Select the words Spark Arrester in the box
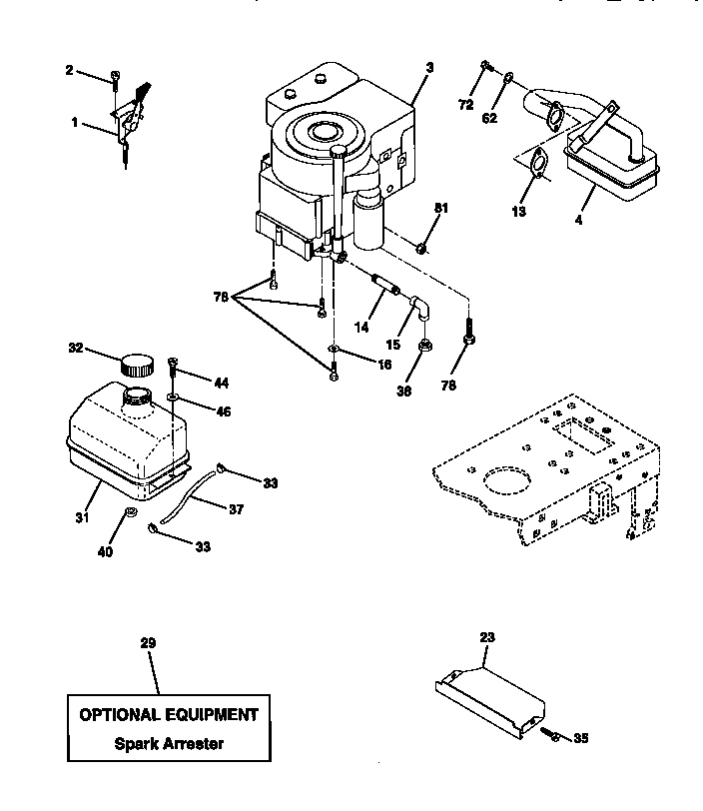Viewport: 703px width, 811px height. (169, 743)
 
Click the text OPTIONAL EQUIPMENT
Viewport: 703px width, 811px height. (169, 714)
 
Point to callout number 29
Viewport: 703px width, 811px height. (148, 643)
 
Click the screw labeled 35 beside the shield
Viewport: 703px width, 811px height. (551, 735)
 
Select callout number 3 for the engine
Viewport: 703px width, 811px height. (428, 67)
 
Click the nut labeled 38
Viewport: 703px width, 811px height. (423, 346)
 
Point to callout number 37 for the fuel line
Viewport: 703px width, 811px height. (236, 509)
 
